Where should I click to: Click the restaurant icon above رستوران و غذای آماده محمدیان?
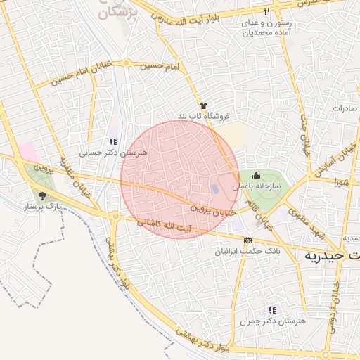(x=266, y=12)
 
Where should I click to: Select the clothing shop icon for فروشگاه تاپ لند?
(x=204, y=104)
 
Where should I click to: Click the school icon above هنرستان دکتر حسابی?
(x=112, y=141)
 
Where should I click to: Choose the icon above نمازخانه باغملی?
(x=255, y=175)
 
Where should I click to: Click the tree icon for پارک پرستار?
(x=43, y=196)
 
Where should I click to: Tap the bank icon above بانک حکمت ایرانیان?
(x=246, y=240)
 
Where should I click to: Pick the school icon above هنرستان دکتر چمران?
(x=272, y=310)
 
